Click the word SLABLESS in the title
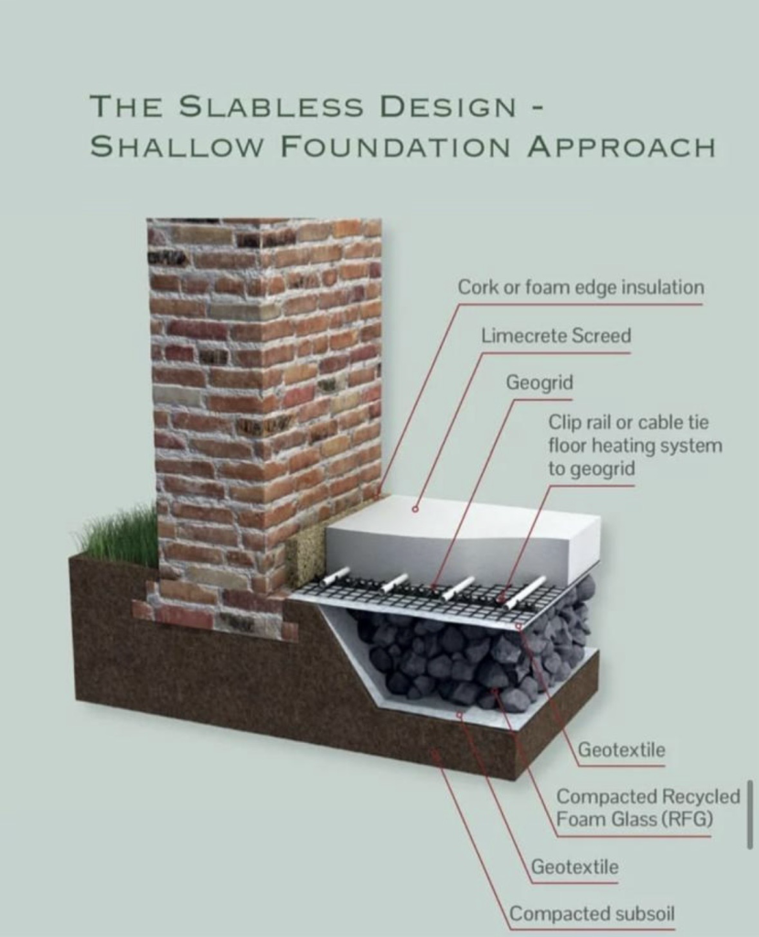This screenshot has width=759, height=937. click(x=272, y=107)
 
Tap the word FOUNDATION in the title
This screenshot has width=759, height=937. click(x=396, y=146)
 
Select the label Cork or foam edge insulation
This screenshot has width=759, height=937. click(x=581, y=287)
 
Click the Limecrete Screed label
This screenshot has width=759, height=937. click(x=556, y=336)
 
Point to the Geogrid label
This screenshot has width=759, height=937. click(x=540, y=382)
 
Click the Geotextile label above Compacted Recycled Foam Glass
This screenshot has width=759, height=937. click(x=622, y=749)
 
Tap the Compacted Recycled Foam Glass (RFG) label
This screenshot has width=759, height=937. click(x=648, y=807)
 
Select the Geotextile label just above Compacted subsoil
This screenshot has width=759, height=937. click(x=574, y=867)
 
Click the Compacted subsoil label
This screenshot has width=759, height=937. click(x=592, y=914)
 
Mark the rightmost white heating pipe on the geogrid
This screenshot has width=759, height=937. click(x=526, y=592)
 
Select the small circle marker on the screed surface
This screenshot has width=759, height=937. click(x=415, y=509)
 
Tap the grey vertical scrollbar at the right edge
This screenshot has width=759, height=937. click(x=750, y=813)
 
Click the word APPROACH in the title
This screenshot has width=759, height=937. click(x=621, y=146)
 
